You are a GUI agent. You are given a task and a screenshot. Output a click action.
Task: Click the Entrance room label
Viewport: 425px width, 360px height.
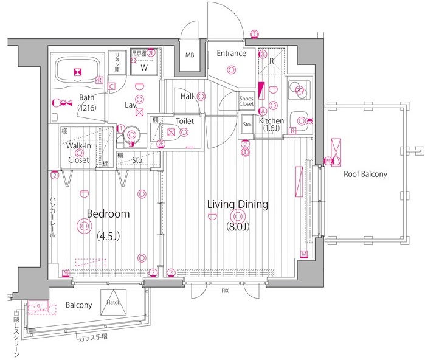click(x=232, y=54)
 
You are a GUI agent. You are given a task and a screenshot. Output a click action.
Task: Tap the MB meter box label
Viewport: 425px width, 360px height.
click(x=190, y=55)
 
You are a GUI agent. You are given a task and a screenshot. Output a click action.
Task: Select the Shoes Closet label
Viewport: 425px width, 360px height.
click(x=246, y=101)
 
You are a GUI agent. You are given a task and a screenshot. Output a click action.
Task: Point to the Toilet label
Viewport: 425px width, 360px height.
click(x=185, y=122)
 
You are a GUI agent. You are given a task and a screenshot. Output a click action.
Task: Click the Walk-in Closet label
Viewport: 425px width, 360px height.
click(x=78, y=153)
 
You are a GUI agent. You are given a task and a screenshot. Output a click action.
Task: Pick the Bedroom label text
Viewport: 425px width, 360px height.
click(x=108, y=214)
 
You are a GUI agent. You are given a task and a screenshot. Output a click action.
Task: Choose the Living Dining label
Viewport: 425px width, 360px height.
click(x=237, y=204)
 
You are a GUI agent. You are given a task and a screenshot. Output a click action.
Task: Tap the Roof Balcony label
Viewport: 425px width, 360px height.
click(x=365, y=175)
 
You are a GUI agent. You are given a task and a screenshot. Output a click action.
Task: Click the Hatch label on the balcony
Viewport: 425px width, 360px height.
click(x=114, y=302)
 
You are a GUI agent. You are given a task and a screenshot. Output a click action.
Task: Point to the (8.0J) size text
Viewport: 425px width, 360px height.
click(x=237, y=227)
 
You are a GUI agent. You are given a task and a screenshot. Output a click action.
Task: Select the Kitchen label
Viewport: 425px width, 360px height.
click(x=271, y=121)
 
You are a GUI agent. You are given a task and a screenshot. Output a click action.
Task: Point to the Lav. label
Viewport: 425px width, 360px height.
click(x=131, y=105)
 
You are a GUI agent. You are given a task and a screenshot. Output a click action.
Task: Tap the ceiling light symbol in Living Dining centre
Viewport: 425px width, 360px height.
click(x=237, y=216)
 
